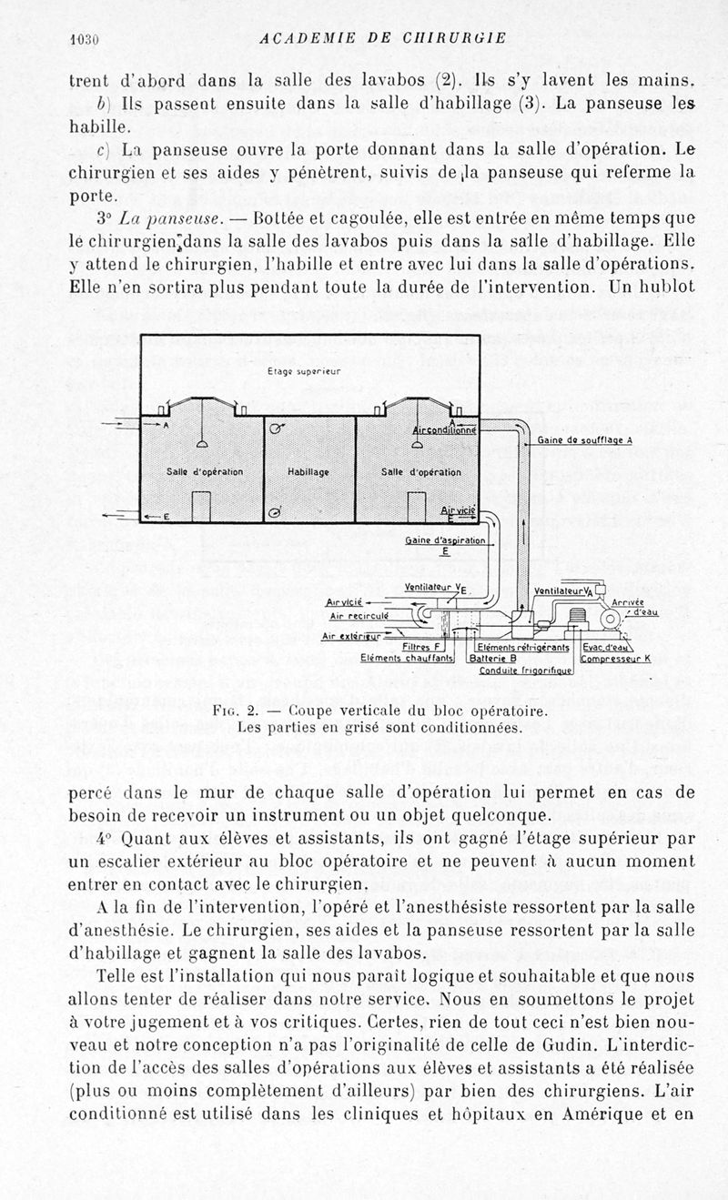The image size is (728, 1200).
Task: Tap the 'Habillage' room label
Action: [x=308, y=472]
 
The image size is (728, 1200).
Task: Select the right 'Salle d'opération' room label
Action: [x=420, y=472]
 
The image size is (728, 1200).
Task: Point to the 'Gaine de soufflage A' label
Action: [x=584, y=439]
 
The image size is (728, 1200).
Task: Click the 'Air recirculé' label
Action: [x=360, y=616]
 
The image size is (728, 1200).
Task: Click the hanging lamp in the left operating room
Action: [x=199, y=441]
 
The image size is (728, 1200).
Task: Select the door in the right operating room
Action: [x=417, y=507]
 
